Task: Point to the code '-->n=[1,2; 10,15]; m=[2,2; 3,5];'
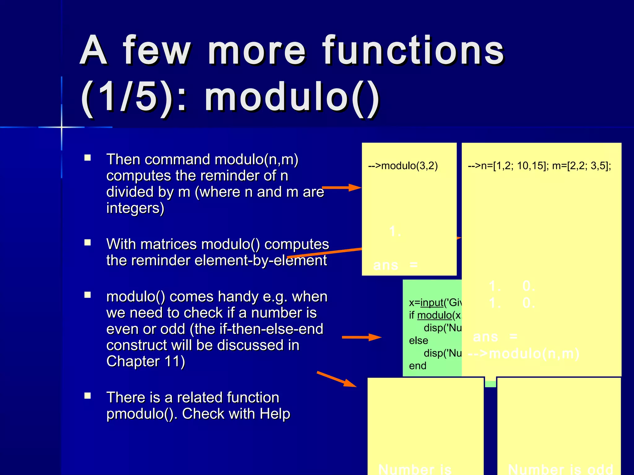(x=539, y=166)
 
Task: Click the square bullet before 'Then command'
(x=88, y=158)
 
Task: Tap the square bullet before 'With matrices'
(x=88, y=243)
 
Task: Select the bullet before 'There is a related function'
(x=88, y=396)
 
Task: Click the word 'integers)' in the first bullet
(x=135, y=208)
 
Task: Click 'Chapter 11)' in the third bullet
(x=145, y=361)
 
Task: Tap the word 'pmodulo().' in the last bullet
(x=142, y=414)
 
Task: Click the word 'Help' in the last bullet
(x=275, y=414)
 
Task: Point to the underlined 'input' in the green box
(x=432, y=302)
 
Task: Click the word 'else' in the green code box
(x=419, y=340)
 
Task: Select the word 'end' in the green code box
(x=418, y=366)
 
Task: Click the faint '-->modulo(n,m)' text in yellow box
(x=523, y=353)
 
